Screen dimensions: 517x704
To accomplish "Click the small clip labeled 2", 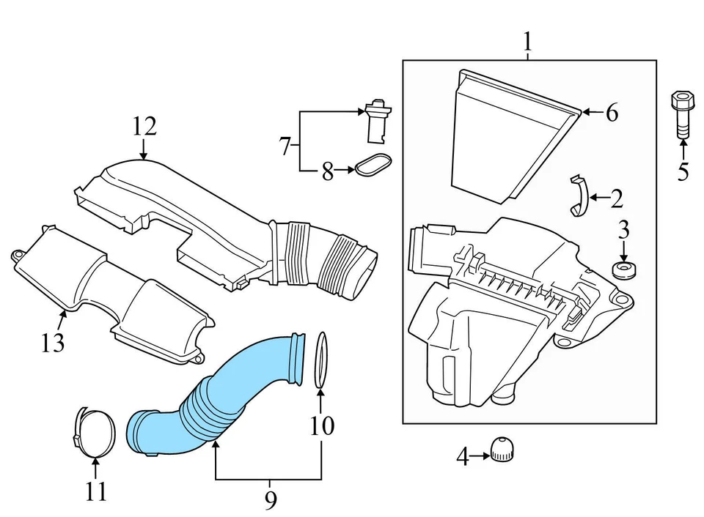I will click(x=579, y=196).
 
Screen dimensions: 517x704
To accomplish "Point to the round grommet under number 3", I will click(x=624, y=272).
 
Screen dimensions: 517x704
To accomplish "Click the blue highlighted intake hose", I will click(x=220, y=395).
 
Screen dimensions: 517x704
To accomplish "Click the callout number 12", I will click(x=144, y=127).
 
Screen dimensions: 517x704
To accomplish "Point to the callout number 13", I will click(x=53, y=341).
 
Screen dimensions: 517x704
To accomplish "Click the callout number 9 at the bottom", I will click(x=270, y=501).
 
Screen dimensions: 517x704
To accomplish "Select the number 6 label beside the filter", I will click(x=611, y=113).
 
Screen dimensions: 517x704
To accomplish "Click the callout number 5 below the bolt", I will click(x=683, y=172).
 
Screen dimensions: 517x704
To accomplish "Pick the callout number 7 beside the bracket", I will click(x=285, y=146).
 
